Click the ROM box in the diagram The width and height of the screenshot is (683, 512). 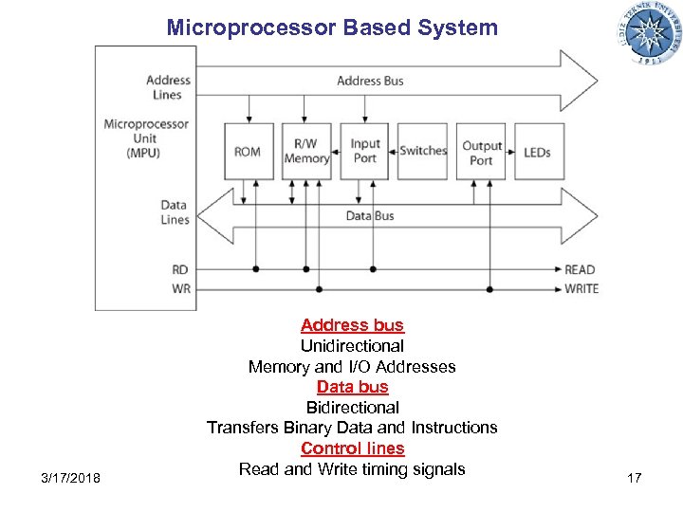point(248,152)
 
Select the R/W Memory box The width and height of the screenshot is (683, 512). point(306,152)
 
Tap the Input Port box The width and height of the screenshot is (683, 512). point(364,152)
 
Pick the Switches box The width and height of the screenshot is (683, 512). point(423,151)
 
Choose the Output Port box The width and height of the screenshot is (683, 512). point(481,152)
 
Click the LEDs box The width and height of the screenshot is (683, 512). point(538,152)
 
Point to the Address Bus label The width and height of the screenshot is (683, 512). point(370,81)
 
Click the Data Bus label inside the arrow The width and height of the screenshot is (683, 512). point(370,216)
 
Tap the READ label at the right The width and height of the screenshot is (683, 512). point(580,269)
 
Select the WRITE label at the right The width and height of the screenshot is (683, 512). point(581,288)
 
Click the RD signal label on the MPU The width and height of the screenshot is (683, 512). point(180,269)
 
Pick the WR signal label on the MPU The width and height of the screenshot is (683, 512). point(180,288)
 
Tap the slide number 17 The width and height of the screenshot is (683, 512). point(634,478)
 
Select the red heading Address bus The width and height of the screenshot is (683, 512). point(352,325)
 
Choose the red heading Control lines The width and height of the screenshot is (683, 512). point(352,448)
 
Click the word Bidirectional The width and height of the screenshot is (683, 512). point(352,408)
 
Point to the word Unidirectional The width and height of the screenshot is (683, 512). point(352,346)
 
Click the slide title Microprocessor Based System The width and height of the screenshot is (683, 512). point(332,27)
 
